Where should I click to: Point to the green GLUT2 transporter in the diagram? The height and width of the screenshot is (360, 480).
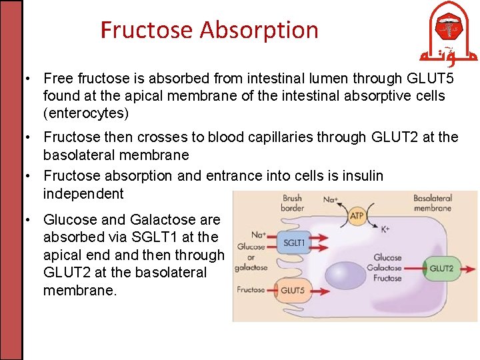pos(441,269)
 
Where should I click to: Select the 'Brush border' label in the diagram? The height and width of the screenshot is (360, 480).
pos(292,203)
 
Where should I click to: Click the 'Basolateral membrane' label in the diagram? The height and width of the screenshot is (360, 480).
pos(433,203)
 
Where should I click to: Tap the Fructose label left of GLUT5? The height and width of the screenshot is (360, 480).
pos(251,290)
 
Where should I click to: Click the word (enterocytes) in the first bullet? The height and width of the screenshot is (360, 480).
pos(86,113)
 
